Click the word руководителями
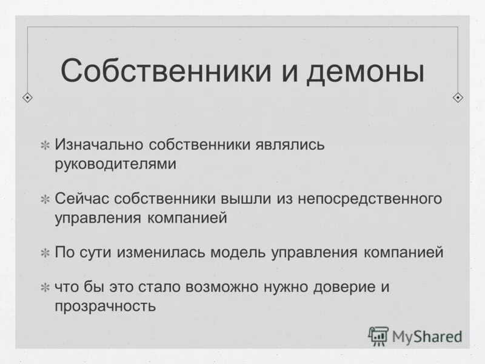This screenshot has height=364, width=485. click(x=115, y=164)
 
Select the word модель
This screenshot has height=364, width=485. click(x=237, y=252)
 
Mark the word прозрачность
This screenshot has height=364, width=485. click(x=105, y=306)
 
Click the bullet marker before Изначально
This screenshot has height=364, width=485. click(x=45, y=146)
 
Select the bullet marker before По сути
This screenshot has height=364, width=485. click(x=45, y=252)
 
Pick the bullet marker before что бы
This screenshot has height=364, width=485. click(x=45, y=288)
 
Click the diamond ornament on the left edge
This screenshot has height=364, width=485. click(x=27, y=96)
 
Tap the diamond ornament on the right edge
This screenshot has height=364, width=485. click(x=458, y=96)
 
